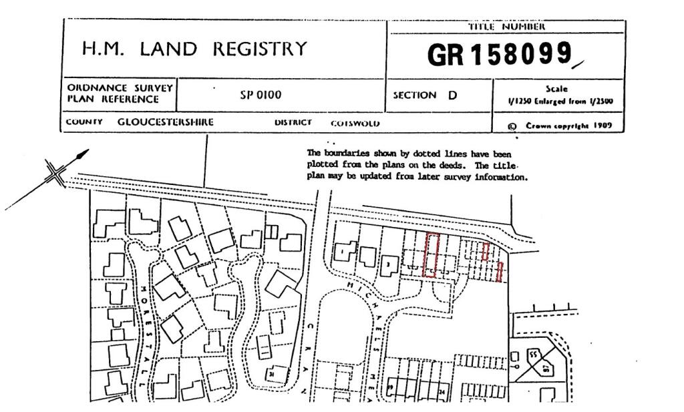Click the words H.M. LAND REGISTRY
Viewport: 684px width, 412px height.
tap(194, 49)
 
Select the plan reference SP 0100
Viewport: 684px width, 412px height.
tap(261, 95)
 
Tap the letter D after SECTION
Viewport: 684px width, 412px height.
tap(453, 95)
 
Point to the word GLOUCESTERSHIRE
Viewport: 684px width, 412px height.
tap(166, 122)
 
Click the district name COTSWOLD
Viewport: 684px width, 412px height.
tap(355, 124)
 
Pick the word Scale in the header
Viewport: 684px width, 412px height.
tap(556, 88)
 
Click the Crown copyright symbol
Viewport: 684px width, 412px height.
tap(512, 126)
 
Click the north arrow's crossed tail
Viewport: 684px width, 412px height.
tap(56, 175)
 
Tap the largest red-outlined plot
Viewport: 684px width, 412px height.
tap(431, 255)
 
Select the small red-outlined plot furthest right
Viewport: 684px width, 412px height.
tap(500, 272)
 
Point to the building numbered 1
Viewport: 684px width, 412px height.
tap(343, 251)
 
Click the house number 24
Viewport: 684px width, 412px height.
tap(443, 391)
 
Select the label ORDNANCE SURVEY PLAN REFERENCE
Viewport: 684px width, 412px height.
tap(120, 94)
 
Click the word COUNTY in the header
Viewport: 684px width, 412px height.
tap(84, 122)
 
